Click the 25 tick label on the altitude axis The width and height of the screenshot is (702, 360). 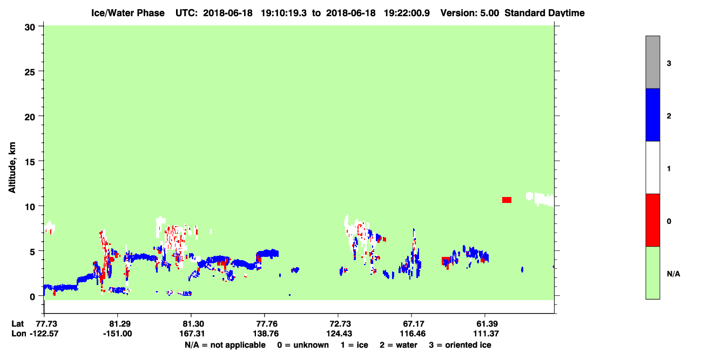[30, 72]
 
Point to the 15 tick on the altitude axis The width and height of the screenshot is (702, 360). [41, 161]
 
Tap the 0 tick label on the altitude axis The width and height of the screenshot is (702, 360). [32, 297]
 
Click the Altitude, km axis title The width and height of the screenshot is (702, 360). [12, 167]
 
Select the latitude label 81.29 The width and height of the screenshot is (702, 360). [118, 324]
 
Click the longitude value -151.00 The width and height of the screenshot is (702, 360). [118, 334]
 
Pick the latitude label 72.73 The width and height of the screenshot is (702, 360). [338, 324]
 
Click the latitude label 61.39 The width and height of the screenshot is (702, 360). [485, 324]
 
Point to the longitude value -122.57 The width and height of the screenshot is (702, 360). [44, 334]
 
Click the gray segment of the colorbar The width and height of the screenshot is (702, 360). [653, 62]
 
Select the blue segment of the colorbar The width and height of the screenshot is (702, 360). [653, 114]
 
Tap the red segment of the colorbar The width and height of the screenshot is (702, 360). [653, 220]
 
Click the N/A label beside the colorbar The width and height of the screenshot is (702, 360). [673, 274]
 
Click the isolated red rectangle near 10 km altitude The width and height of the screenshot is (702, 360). [507, 200]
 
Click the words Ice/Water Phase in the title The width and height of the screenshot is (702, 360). [128, 13]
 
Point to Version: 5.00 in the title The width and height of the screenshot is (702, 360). [470, 13]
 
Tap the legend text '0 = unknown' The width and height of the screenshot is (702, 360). [303, 345]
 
